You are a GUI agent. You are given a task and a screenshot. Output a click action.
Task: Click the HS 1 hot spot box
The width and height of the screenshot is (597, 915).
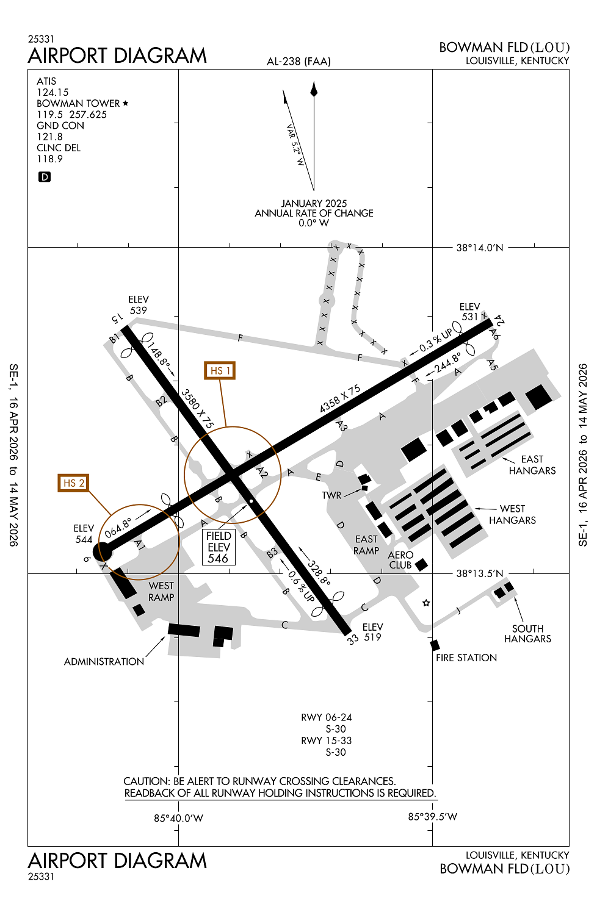pos(220,370)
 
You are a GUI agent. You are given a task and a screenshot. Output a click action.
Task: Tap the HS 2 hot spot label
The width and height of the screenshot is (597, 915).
pos(73,483)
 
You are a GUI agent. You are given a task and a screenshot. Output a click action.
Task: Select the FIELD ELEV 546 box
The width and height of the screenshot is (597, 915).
pos(219,547)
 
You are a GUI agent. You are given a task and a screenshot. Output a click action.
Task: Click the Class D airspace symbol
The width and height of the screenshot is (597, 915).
pos(44,177)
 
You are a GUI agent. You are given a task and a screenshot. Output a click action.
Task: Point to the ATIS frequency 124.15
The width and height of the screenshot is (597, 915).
pos(52,92)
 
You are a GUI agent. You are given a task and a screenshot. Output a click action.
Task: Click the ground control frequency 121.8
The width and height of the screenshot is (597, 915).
pos(49,137)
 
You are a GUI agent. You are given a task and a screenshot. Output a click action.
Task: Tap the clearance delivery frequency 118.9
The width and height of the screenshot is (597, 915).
pos(49,159)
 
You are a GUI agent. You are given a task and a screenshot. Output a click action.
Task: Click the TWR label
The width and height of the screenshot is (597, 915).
pos(331,495)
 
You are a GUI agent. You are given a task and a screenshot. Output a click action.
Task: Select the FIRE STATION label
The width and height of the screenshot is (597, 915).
pos(466,658)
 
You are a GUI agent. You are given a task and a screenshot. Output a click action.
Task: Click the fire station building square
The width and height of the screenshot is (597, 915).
pos(435,645)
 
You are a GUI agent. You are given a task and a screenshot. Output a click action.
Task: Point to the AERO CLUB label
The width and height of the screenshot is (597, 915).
pos(400,560)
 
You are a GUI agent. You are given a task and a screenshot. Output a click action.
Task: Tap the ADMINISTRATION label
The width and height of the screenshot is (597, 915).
pos(104,662)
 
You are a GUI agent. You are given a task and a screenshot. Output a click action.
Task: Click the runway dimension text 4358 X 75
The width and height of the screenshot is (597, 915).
pos(340,398)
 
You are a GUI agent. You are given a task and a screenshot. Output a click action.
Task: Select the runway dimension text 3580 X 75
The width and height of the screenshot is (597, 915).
pos(198,409)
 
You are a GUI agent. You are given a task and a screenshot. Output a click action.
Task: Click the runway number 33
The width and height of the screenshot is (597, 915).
pos(352,639)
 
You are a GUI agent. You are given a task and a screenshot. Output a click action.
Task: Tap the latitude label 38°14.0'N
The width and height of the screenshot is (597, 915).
pos(480,248)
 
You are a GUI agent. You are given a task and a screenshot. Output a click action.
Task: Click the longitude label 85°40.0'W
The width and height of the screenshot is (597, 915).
pos(178,818)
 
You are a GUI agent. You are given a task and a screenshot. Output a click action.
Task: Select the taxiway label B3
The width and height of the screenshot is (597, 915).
pos(272,553)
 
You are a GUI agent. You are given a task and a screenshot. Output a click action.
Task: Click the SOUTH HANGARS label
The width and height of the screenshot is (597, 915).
pos(527,634)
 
